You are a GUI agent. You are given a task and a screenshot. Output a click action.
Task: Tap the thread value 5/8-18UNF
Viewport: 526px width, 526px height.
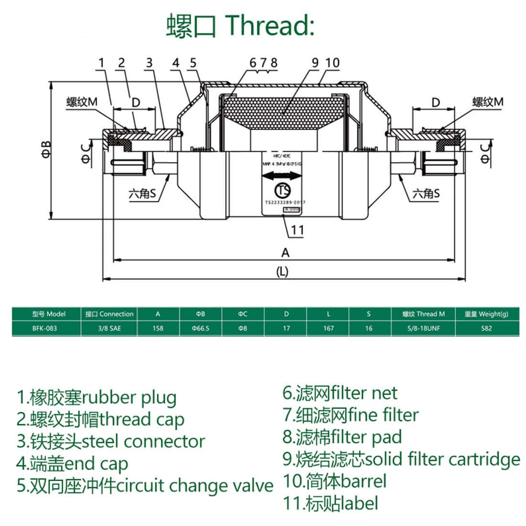[424, 329]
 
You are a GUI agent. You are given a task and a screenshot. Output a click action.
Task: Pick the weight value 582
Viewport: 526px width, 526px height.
[486, 329]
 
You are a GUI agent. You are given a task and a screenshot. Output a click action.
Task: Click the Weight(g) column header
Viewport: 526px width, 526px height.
[486, 314]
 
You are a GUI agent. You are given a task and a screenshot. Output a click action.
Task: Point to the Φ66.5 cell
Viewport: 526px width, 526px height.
[200, 329]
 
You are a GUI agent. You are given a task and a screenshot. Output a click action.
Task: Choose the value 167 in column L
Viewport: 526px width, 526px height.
[329, 329]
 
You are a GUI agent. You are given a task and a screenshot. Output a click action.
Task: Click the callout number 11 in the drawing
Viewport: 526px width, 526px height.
[297, 230]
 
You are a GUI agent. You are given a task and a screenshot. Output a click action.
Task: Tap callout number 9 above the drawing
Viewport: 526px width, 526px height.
[315, 63]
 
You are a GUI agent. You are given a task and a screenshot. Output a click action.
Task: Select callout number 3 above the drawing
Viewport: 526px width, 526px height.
[149, 63]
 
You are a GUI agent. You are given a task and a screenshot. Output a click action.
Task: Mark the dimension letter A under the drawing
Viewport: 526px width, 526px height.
[285, 252]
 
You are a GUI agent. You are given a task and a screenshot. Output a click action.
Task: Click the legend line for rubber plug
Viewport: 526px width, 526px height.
[97, 397]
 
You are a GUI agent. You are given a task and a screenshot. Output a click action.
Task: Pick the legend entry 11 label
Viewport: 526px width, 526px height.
[331, 503]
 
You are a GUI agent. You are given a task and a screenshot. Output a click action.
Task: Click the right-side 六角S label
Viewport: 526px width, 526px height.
[426, 193]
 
